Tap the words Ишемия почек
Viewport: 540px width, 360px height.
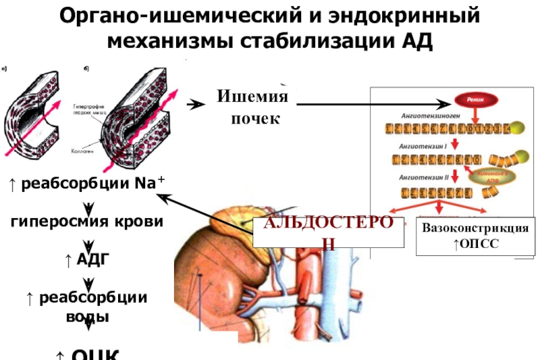pyautogui.click(x=252, y=109)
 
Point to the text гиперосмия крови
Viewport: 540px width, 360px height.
pyautogui.click(x=88, y=222)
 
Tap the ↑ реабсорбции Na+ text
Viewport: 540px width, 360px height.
pyautogui.click(x=88, y=184)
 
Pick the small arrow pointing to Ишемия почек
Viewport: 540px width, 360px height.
pyautogui.click(x=196, y=105)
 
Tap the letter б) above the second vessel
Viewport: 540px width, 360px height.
pyautogui.click(x=86, y=68)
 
